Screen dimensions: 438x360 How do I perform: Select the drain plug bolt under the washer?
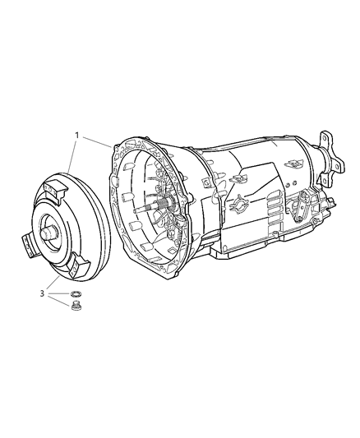(x=77, y=310)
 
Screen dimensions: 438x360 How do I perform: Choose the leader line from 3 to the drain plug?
(x=59, y=302)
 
